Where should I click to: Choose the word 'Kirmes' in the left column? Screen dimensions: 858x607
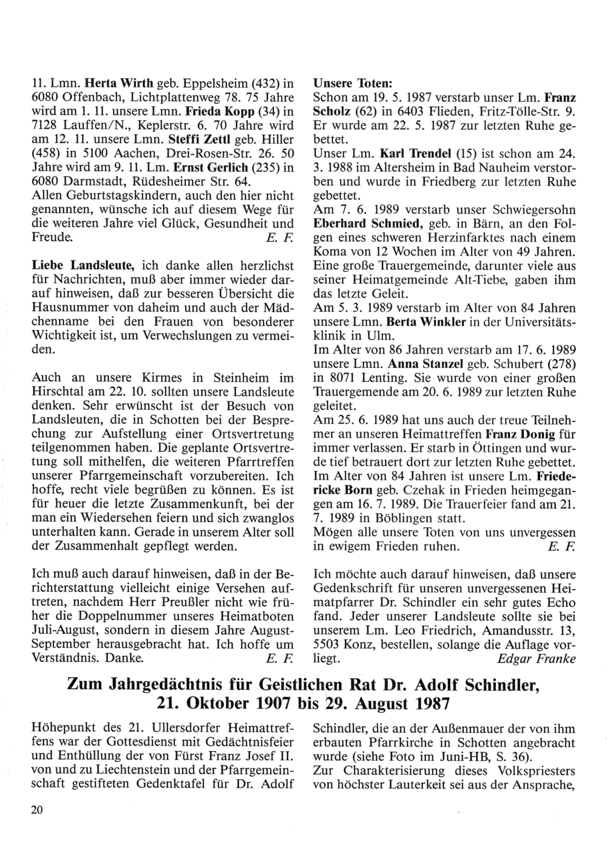point(143,378)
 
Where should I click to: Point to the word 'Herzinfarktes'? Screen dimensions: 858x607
point(453,237)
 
